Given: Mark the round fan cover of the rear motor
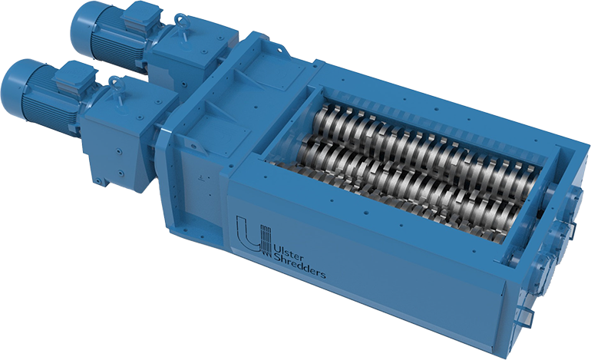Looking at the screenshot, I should pos(80,27).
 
